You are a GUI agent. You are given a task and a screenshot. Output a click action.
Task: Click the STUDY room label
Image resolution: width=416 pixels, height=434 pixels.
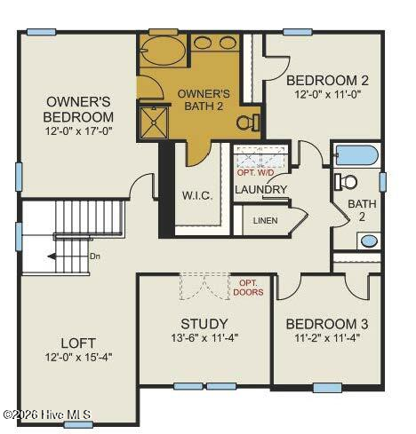[204, 324]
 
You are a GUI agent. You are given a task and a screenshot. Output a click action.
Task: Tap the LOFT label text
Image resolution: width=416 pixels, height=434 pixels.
[78, 343]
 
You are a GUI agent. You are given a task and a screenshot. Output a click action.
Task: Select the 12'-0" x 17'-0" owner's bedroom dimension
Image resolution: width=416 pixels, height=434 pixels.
[78, 130]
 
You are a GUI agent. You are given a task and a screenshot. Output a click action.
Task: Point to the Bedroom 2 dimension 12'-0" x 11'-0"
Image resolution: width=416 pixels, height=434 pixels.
[327, 94]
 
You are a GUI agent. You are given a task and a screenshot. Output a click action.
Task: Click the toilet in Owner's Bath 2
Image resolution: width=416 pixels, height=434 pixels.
[248, 122]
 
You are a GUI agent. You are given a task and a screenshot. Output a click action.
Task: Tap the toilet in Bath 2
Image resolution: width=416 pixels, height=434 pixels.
[346, 182]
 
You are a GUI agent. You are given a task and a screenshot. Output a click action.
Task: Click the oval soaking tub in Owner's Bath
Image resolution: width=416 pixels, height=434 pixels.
[162, 51]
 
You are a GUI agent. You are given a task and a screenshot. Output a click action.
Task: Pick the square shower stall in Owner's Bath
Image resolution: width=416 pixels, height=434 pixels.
[154, 122]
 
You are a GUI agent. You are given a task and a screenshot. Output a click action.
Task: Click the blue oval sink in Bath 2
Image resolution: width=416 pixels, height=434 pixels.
[369, 241]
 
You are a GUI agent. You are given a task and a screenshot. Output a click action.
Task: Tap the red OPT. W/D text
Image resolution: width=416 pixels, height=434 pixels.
[256, 172]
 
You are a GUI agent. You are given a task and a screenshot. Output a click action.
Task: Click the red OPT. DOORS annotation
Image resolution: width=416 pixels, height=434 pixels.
[248, 288]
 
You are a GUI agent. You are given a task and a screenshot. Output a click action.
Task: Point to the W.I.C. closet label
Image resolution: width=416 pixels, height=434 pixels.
[197, 195]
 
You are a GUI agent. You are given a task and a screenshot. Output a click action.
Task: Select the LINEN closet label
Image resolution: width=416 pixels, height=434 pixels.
[266, 220]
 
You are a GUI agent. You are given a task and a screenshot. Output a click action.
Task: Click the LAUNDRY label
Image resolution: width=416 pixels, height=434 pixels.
[261, 189]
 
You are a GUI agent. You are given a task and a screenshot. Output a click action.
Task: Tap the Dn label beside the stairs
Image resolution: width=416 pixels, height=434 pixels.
[95, 256]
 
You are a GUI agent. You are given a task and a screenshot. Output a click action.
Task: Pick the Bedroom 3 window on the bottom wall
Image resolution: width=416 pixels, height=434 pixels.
[327, 388]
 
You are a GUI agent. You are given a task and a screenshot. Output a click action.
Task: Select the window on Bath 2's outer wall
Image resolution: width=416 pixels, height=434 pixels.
[383, 182]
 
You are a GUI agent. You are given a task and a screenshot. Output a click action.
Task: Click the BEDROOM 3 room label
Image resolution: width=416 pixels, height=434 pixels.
[327, 324]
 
